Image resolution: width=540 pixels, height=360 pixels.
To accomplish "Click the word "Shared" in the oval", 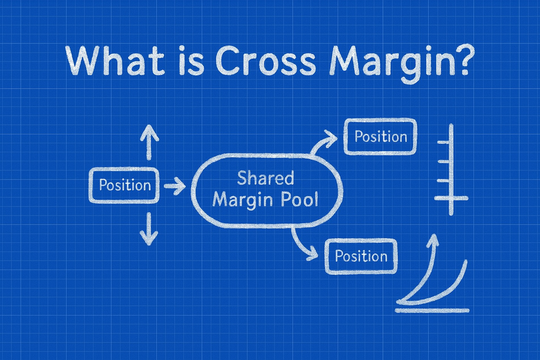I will [265, 178].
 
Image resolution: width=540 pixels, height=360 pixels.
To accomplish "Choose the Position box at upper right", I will [380, 136].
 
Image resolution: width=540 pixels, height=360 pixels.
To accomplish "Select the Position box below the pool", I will [361, 256].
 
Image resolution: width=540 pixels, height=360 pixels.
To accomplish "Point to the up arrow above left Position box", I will [149, 141].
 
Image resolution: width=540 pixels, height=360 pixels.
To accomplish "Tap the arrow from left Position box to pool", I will [175, 185].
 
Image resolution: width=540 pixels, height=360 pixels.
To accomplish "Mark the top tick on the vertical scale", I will [444, 142].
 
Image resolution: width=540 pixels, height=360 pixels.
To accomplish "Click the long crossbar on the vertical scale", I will [451, 198].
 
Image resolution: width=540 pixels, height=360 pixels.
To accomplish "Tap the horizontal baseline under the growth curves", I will [432, 310].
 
